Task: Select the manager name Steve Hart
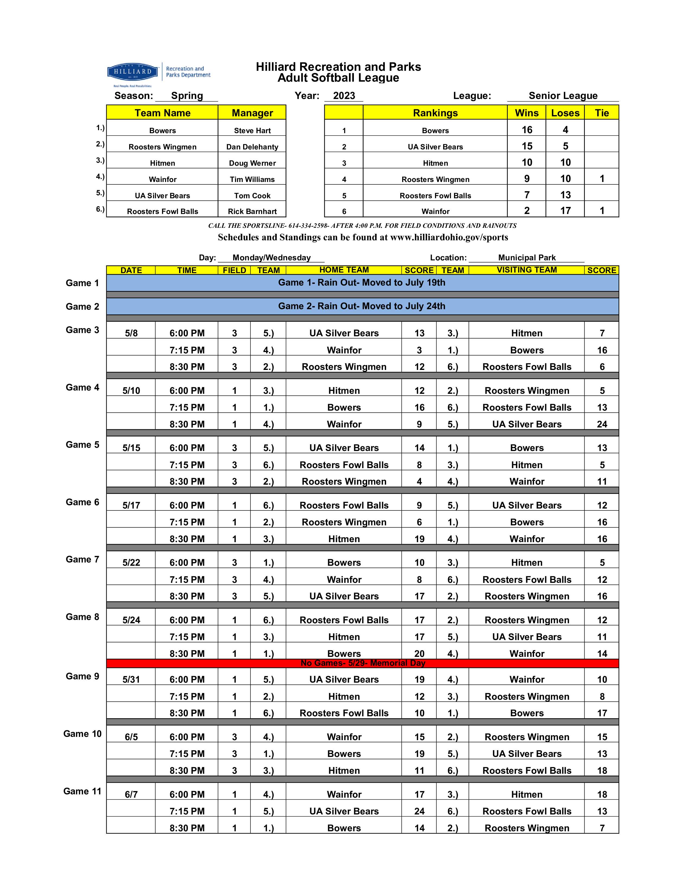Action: (x=252, y=130)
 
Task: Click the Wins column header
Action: (x=526, y=113)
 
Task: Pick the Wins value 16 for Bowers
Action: (x=527, y=130)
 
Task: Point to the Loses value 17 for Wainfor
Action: (x=565, y=211)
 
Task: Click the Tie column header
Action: (x=601, y=113)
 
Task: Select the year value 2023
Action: (x=344, y=95)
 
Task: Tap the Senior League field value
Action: (x=563, y=95)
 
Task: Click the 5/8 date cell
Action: (x=131, y=333)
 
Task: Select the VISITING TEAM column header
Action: (x=526, y=270)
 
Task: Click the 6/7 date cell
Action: (x=131, y=794)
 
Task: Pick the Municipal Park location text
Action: (x=527, y=257)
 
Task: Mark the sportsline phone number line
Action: (x=362, y=225)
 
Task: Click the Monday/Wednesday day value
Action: (x=271, y=257)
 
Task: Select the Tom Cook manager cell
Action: (x=252, y=196)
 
